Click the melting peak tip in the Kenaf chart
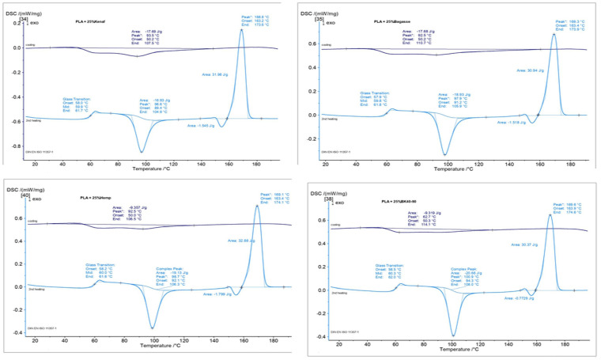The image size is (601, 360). point(242,29)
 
